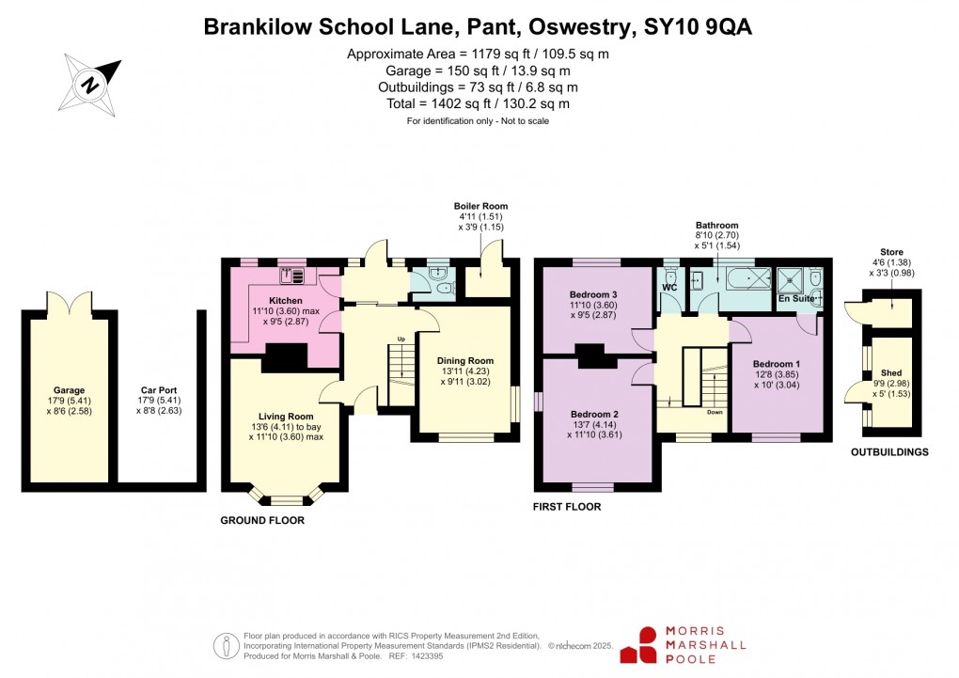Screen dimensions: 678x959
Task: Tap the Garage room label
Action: click(69, 390)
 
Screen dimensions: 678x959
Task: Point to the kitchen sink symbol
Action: click(291, 276)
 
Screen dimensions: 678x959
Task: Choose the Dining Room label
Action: click(465, 360)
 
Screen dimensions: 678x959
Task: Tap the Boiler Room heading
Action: click(480, 206)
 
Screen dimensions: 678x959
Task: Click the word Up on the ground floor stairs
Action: click(401, 339)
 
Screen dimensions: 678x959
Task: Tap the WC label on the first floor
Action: click(669, 286)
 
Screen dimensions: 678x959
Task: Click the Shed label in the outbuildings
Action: click(890, 373)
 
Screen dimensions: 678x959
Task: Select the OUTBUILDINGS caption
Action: click(889, 452)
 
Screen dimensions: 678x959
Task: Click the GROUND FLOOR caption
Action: click(262, 519)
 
